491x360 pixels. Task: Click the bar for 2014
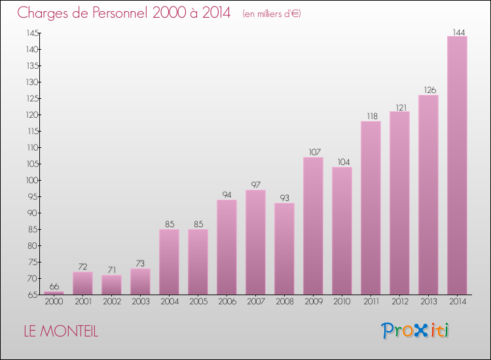[457, 165]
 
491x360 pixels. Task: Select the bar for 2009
[313, 226]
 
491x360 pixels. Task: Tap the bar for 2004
[169, 262]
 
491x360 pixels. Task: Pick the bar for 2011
[371, 207]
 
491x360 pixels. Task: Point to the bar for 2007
[255, 242]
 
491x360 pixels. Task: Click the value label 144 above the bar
[458, 31]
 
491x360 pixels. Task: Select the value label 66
[54, 287]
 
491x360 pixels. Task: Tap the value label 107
[313, 153]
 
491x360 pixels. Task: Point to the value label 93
[284, 198]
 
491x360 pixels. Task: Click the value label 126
[428, 90]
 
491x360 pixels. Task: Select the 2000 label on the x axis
[54, 302]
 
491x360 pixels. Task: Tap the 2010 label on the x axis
[342, 302]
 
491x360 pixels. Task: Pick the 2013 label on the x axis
[428, 302]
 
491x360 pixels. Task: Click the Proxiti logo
[416, 331]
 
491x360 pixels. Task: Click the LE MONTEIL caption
[61, 332]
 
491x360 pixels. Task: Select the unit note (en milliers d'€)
[271, 14]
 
